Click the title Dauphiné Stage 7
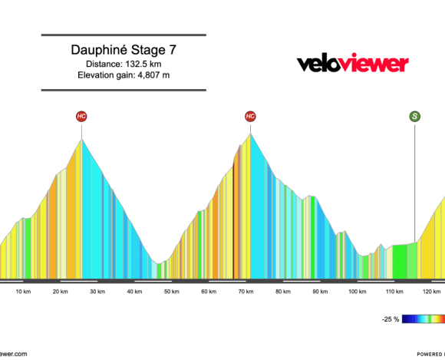click(x=124, y=50)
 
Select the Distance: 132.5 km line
click(x=124, y=64)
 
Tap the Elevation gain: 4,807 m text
click(x=124, y=75)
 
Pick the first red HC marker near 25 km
click(x=81, y=116)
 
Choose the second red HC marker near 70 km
click(x=250, y=116)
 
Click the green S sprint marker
click(x=415, y=116)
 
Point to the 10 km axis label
click(x=23, y=292)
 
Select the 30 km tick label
click(x=97, y=292)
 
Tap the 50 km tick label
click(x=171, y=292)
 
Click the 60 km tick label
click(x=208, y=292)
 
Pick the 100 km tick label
click(x=357, y=292)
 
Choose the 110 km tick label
click(x=394, y=292)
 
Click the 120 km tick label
click(x=431, y=292)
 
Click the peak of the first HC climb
click(x=81, y=140)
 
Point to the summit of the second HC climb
click(x=250, y=135)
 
